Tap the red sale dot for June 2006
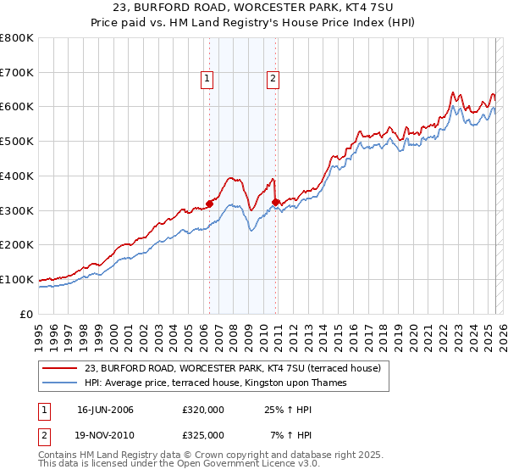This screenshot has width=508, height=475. [x=209, y=203]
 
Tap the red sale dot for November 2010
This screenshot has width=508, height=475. [x=276, y=202]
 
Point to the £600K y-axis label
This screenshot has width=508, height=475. [x=17, y=107]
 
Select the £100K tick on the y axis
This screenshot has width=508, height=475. [x=17, y=279]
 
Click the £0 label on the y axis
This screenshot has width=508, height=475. [x=26, y=314]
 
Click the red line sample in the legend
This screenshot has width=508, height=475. [x=61, y=368]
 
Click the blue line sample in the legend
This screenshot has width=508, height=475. [x=61, y=383]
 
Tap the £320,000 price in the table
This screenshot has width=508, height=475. [x=203, y=410]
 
